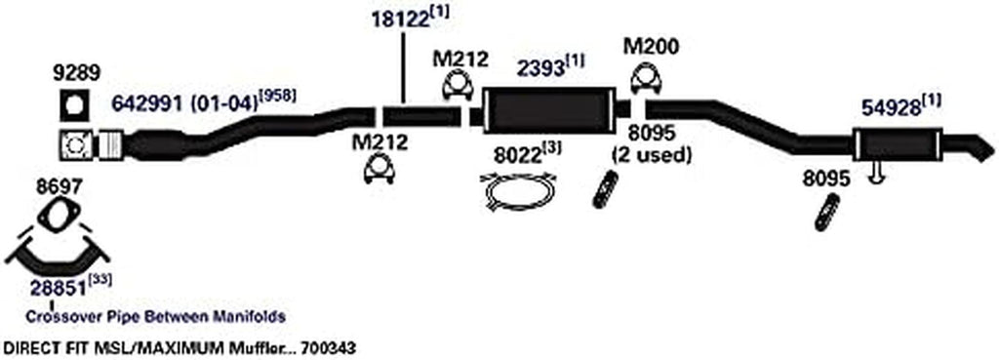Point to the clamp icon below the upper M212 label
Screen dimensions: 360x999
pos(456,88)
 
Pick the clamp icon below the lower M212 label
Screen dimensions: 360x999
pos(378,173)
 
